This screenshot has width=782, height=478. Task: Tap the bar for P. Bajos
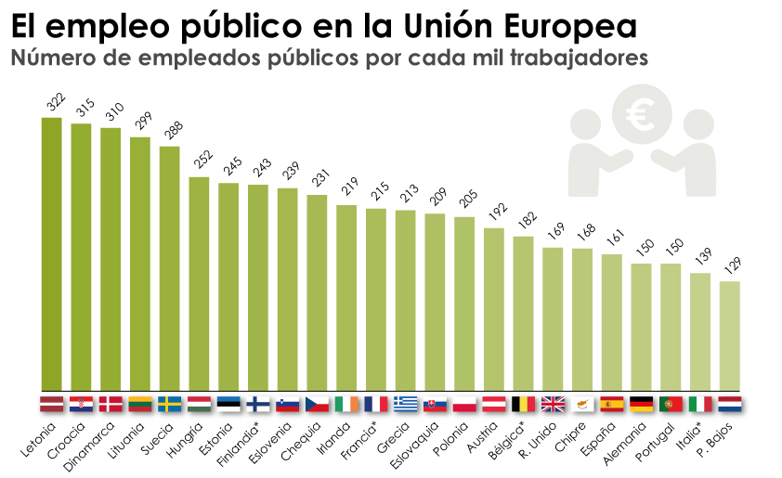(730, 336)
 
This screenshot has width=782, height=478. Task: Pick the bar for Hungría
(200, 283)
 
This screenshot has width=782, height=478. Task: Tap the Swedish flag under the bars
(170, 404)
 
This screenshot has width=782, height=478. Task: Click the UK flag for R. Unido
(553, 404)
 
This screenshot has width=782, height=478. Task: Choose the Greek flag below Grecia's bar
(406, 404)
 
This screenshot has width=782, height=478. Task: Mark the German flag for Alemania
(642, 404)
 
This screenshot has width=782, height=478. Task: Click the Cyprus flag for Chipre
(582, 404)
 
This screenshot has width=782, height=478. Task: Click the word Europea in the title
(573, 25)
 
